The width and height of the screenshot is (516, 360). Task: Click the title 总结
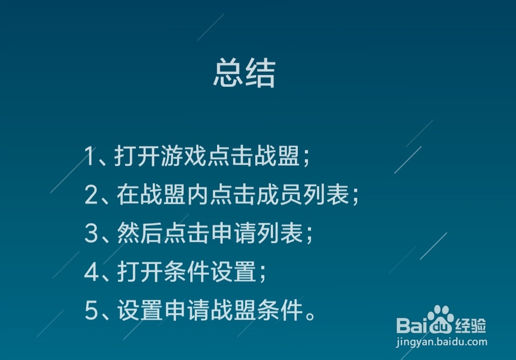[x=244, y=74]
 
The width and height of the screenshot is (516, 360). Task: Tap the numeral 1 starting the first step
[x=90, y=156]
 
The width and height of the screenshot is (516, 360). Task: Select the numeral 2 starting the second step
[x=91, y=195]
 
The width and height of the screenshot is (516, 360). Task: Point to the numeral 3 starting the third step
[x=91, y=234]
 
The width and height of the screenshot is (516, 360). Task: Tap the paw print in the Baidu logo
[x=440, y=319]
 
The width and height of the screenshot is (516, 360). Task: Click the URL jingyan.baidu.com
[x=441, y=341]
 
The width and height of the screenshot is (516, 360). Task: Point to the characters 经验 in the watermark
[x=470, y=325]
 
